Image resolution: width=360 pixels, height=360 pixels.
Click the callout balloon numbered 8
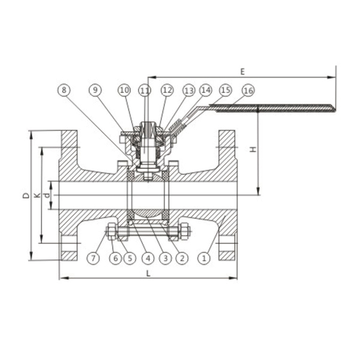[64, 90]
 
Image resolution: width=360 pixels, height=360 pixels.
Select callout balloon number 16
[248, 91]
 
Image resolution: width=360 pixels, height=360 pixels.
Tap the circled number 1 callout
[204, 258]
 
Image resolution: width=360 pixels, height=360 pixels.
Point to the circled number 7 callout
[93, 258]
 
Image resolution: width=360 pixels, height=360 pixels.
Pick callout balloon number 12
[167, 90]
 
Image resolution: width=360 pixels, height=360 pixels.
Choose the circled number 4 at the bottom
[148, 258]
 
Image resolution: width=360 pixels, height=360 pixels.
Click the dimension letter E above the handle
[242, 71]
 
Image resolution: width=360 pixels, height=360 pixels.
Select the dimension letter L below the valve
[149, 273]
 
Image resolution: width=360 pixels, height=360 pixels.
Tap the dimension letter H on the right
[253, 149]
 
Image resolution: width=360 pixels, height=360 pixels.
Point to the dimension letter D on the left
[26, 195]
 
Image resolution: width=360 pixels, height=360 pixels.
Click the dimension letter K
[37, 196]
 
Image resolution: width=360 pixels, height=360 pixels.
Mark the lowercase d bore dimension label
[47, 196]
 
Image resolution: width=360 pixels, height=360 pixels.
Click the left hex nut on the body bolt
[112, 231]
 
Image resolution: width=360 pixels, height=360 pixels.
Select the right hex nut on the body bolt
[185, 231]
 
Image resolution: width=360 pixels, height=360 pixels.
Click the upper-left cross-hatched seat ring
[131, 176]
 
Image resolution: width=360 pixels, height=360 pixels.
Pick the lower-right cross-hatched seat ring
[165, 215]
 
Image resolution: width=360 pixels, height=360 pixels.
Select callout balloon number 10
[124, 90]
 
